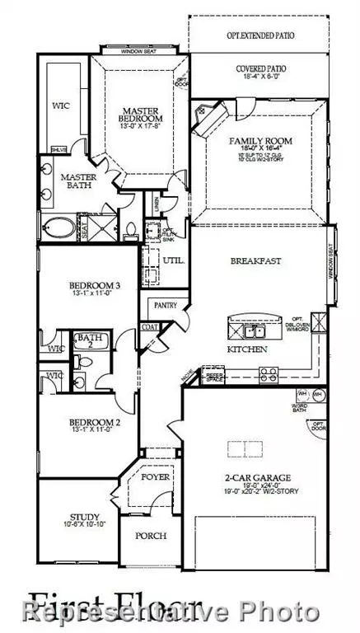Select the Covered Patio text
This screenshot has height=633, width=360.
click(260, 69)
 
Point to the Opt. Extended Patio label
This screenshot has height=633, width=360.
click(260, 36)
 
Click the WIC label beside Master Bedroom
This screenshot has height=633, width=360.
click(59, 105)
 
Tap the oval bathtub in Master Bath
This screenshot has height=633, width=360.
click(58, 226)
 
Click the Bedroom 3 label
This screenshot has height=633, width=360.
click(94, 286)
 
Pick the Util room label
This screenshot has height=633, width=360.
click(174, 261)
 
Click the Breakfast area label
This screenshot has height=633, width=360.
click(255, 260)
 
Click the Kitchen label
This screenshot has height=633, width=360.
click(247, 350)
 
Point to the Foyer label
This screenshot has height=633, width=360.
click(153, 476)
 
